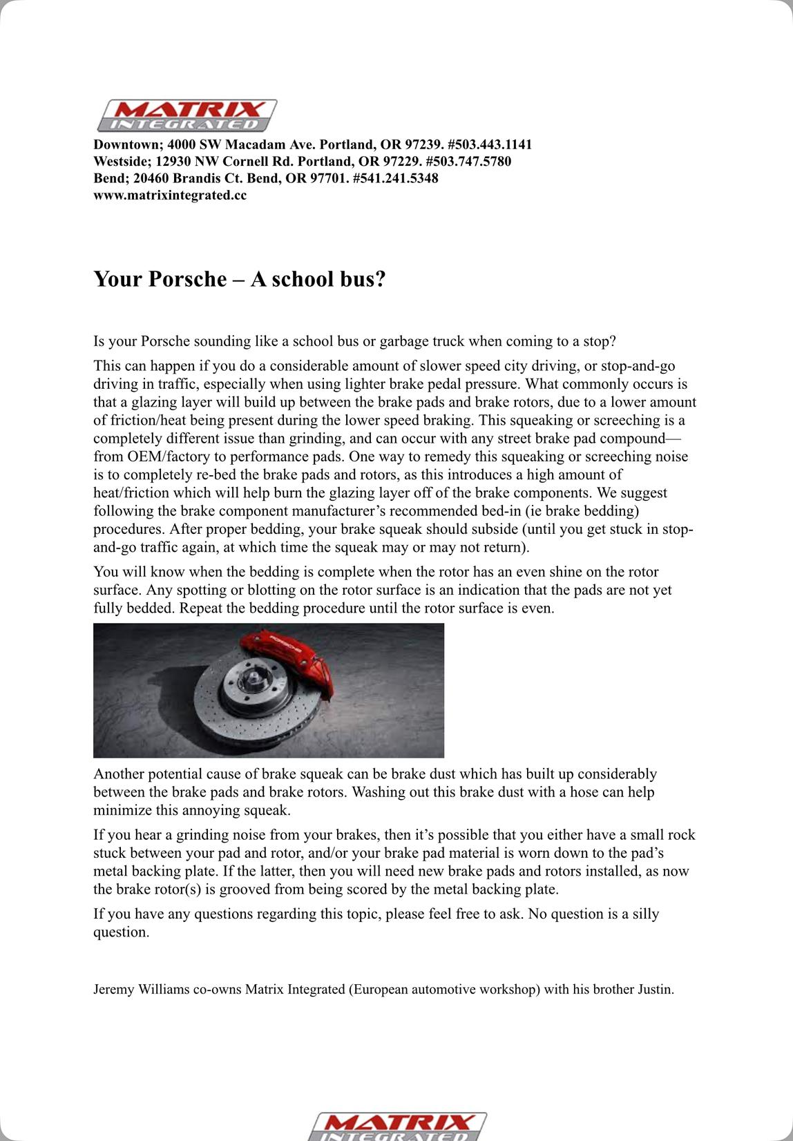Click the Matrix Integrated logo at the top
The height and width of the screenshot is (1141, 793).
tap(187, 115)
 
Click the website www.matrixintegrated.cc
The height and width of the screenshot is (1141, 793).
tap(170, 195)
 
